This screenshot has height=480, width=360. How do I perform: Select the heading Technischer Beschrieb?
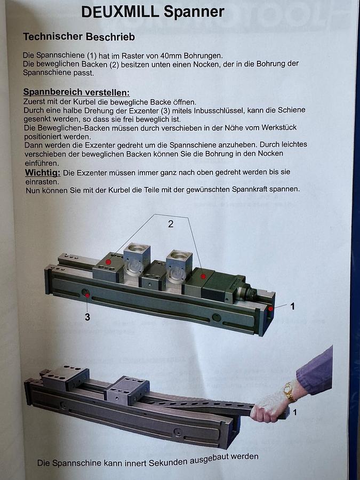[x=79, y=37]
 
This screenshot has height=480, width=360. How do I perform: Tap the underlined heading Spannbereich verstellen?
[x=76, y=92]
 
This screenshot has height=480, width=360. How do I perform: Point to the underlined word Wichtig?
[x=43, y=172]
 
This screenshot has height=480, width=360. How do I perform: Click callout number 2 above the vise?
[x=171, y=224]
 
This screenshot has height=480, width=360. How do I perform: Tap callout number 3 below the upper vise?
[x=87, y=317]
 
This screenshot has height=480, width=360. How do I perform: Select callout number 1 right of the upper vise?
[x=292, y=307]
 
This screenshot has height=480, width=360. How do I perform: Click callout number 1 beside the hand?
[x=295, y=412]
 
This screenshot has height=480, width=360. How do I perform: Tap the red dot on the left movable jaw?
[x=108, y=262]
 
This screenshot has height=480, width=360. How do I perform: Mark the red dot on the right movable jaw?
[x=203, y=276]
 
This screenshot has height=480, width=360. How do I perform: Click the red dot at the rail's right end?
[x=271, y=308]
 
